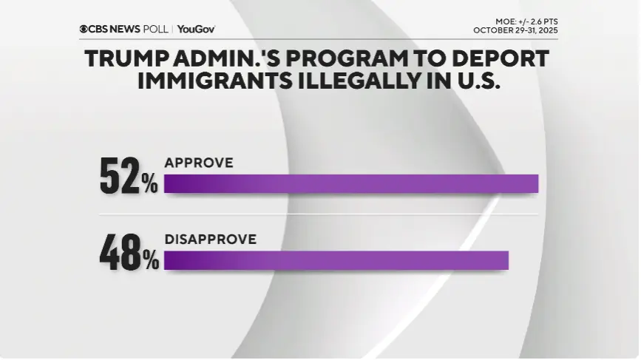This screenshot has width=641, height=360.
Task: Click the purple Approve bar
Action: tap(351, 184)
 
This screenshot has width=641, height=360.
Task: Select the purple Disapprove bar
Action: tap(336, 260)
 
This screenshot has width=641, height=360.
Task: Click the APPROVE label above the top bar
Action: tap(199, 163)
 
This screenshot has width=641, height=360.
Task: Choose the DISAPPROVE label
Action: tap(211, 239)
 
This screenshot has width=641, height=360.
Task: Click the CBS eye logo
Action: tap(84, 29)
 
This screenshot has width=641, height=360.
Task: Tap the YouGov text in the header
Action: tap(196, 29)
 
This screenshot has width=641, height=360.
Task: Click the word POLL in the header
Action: tap(155, 29)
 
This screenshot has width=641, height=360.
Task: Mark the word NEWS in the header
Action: tap(124, 29)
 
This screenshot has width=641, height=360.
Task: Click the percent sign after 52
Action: tap(150, 184)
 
